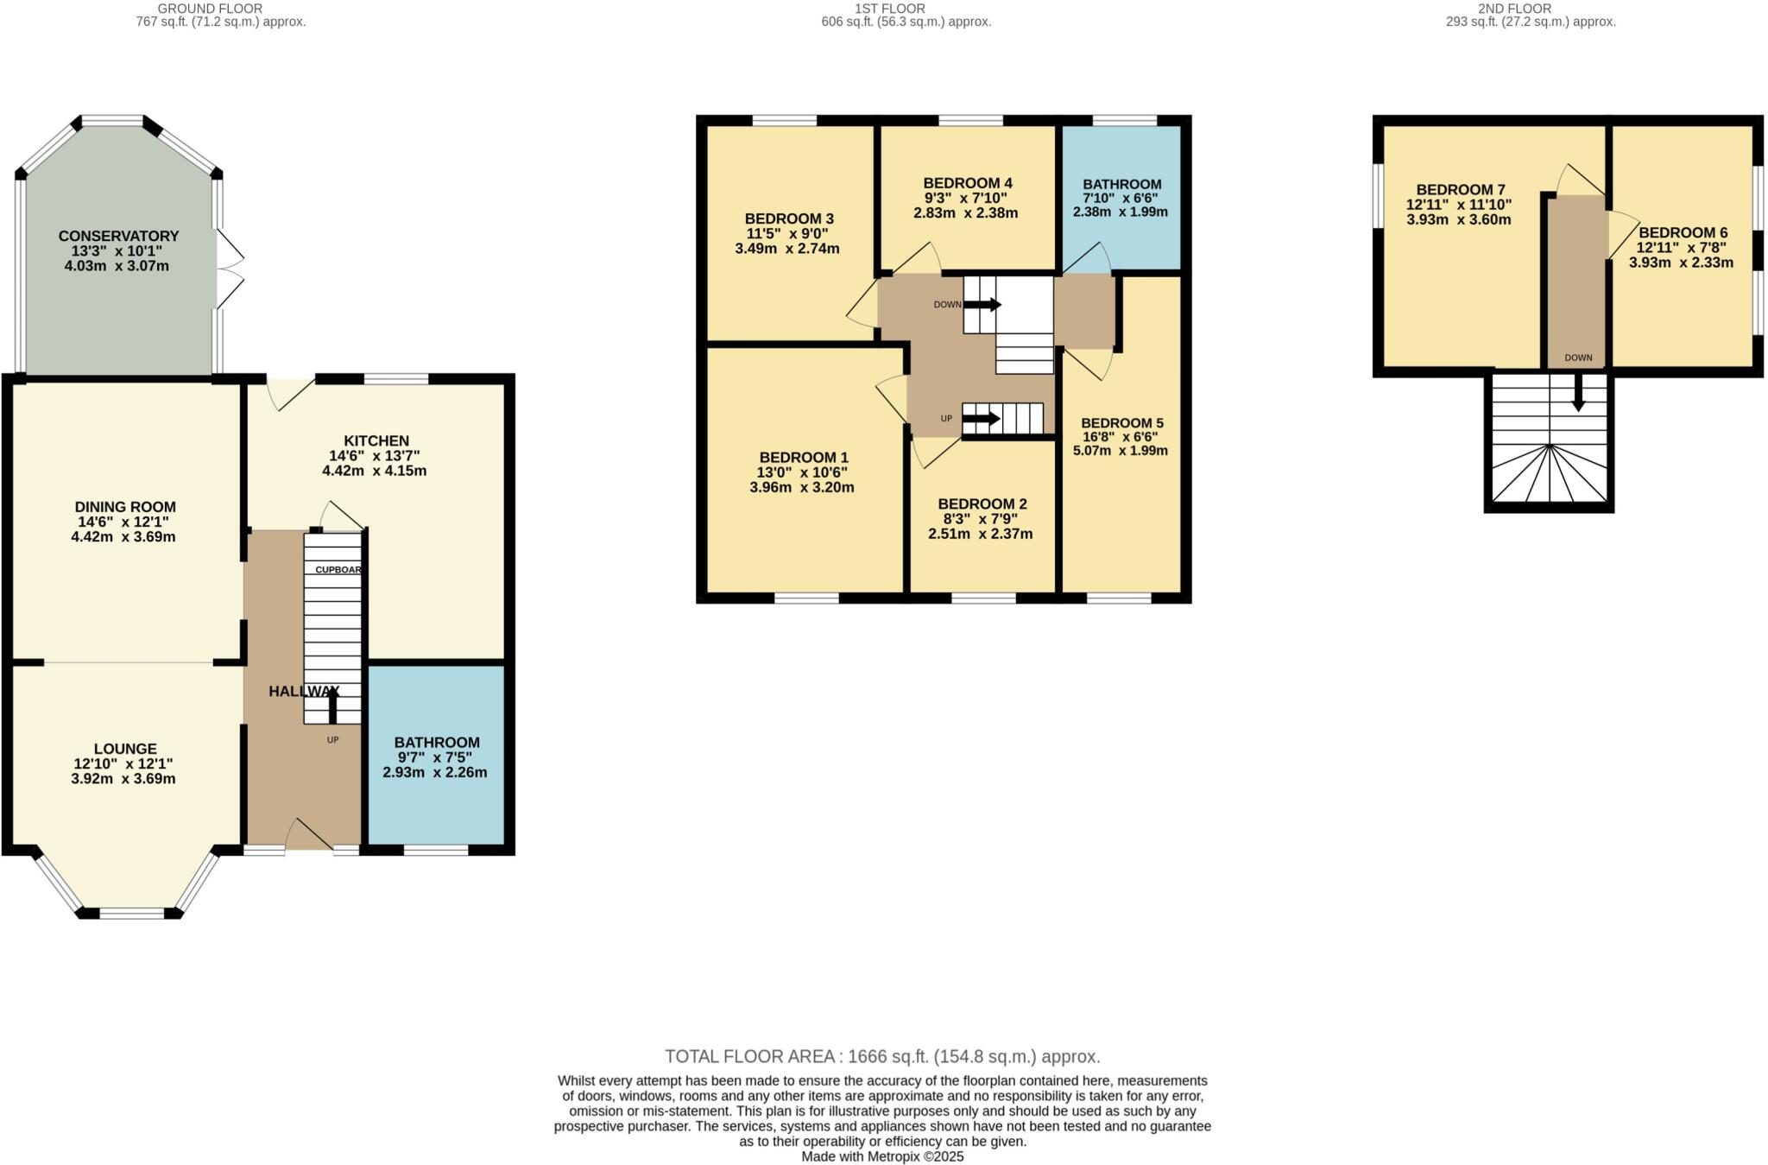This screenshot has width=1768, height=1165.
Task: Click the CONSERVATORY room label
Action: [x=119, y=236]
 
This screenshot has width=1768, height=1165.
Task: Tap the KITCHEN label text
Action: [x=376, y=440]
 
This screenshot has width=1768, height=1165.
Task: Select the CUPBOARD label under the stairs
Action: [x=338, y=570]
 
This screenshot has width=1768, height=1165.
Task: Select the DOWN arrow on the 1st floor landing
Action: [x=982, y=304]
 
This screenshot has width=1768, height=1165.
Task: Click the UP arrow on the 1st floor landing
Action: [x=981, y=419]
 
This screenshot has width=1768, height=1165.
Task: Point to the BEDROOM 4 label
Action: [x=967, y=183]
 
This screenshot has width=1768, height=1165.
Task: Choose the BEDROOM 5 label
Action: [x=1121, y=422]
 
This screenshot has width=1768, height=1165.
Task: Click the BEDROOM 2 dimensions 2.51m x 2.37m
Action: [x=980, y=534]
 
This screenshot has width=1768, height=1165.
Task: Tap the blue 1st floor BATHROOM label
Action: [x=1121, y=184]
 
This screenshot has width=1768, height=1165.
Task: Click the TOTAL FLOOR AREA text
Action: [x=882, y=1056]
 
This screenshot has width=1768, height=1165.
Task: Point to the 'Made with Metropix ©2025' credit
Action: [x=882, y=1156]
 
